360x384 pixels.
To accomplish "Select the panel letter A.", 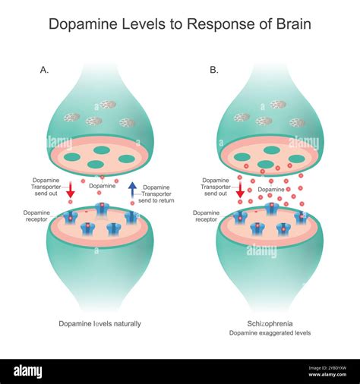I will [x=44, y=70].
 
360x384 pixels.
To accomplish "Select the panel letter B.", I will [x=214, y=70].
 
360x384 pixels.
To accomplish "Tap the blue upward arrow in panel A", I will [x=132, y=189].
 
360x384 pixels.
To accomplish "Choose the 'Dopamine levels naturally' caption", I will [x=99, y=323].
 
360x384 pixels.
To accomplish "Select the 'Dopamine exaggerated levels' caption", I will [x=271, y=333].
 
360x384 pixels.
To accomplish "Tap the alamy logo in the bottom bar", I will [x=39, y=371].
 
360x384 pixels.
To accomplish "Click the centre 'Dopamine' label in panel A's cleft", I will [x=103, y=185].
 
